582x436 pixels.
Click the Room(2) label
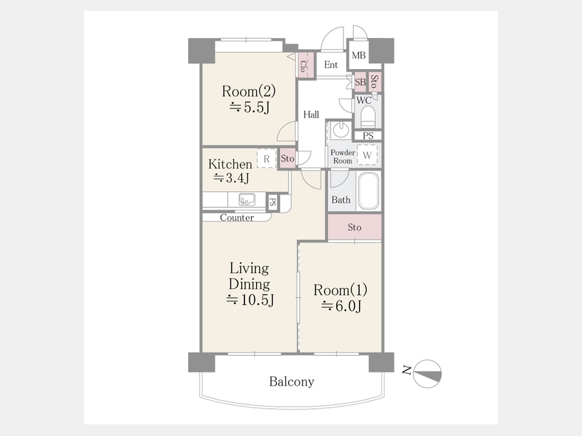[x=249, y=91]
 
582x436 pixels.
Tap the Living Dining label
[x=249, y=276]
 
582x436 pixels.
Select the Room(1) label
[x=340, y=290]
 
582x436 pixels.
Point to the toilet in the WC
[x=368, y=117]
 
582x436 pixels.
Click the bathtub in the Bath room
[x=369, y=191]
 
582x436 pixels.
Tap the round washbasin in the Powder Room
[x=340, y=130]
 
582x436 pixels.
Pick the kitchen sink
[x=246, y=200]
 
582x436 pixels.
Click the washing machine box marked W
[x=367, y=154]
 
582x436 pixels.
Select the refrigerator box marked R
[x=266, y=159]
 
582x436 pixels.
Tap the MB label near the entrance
[x=358, y=56]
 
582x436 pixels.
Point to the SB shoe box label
[x=360, y=82]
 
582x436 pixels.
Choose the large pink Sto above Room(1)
[x=354, y=227]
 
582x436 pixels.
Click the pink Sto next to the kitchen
[x=287, y=159]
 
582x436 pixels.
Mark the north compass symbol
[x=427, y=374]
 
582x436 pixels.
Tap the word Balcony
[x=292, y=382]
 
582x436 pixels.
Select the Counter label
[x=237, y=218]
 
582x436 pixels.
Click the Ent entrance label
[x=330, y=65]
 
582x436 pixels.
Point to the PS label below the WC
[x=368, y=136]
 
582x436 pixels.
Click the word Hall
[x=311, y=114]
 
